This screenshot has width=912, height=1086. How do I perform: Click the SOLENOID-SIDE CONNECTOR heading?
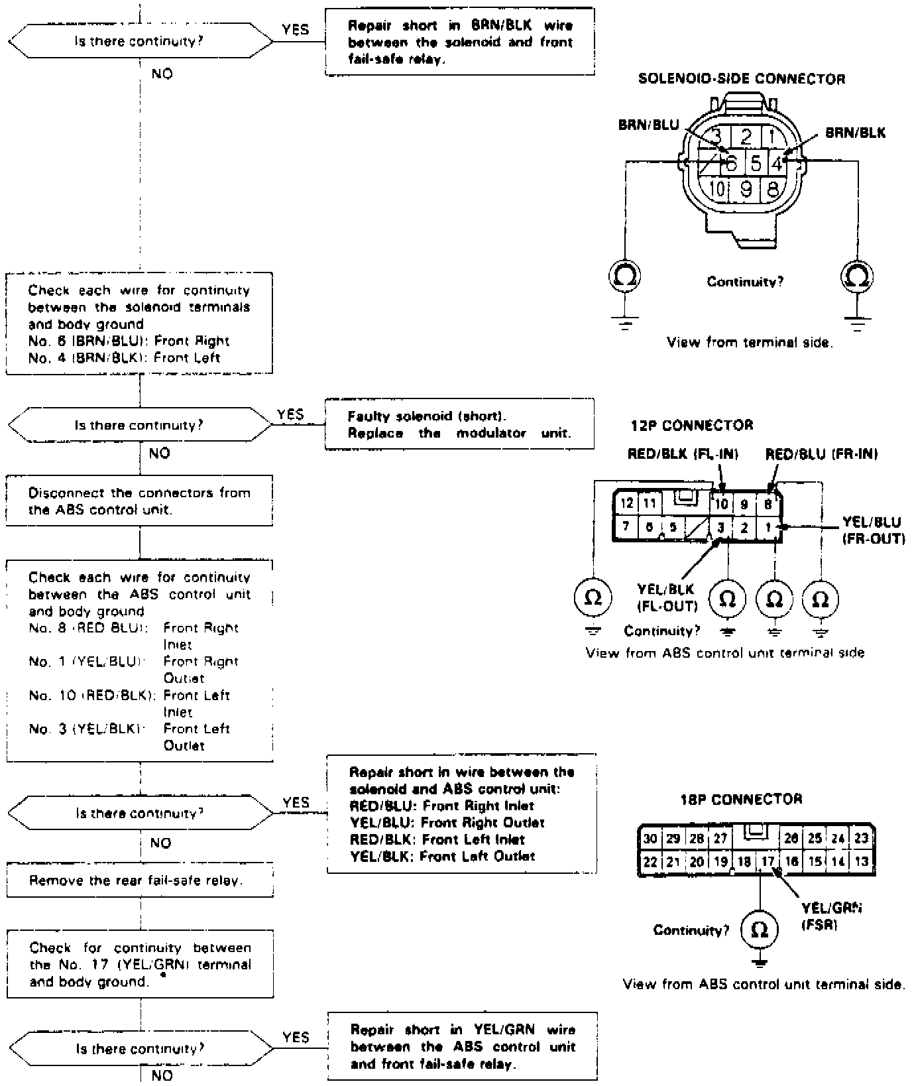741,79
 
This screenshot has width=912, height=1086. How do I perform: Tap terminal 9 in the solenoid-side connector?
746,190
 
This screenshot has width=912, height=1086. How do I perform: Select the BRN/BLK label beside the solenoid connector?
855,133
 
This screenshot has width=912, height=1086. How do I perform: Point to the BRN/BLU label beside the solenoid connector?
648,125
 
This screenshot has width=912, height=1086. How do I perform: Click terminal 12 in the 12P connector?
626,504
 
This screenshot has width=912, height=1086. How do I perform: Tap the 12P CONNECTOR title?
691,425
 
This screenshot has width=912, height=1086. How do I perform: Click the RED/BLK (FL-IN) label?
683,454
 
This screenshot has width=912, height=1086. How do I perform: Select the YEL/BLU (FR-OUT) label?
873,530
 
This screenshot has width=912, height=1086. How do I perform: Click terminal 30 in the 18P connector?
650,838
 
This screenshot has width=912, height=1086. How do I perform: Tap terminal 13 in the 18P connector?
861,861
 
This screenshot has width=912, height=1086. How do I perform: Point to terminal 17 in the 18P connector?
768,861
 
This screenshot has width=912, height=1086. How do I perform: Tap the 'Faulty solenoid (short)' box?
459,424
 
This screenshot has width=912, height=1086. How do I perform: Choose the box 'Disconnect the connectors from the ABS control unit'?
140,501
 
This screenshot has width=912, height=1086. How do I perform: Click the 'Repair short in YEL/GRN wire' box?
463,1046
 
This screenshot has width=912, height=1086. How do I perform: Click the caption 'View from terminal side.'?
750,343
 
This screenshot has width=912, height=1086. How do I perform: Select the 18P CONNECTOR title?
741,799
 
